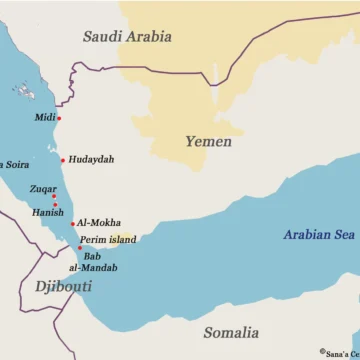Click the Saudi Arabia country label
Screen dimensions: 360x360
(x=127, y=37)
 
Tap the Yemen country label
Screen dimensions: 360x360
(x=208, y=142)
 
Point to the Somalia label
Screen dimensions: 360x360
(x=231, y=332)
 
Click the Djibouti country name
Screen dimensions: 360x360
(x=63, y=286)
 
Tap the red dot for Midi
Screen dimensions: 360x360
(x=59, y=119)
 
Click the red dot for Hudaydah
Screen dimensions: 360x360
(x=62, y=160)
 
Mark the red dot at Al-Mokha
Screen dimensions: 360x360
(x=73, y=224)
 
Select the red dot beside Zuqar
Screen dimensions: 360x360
(x=54, y=197)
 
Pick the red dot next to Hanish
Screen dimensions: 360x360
(x=56, y=205)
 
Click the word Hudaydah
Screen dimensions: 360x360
(x=91, y=160)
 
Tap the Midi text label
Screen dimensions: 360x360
(x=45, y=118)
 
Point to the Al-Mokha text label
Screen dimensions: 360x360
(x=99, y=223)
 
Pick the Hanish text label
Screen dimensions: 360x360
(x=46, y=212)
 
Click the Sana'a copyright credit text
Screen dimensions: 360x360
(x=340, y=352)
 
